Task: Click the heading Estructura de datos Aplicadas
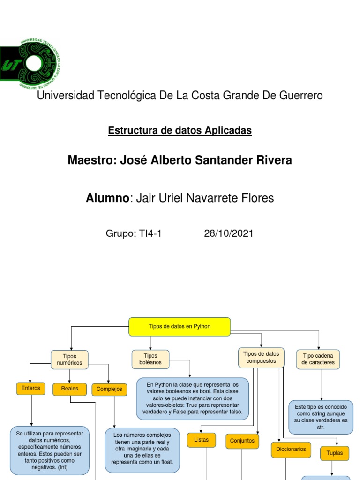click(x=180, y=130)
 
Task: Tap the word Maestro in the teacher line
click(x=91, y=160)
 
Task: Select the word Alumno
click(x=107, y=198)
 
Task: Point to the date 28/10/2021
click(x=229, y=233)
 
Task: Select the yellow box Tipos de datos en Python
click(x=180, y=327)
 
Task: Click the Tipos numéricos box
click(x=69, y=360)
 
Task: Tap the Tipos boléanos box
click(x=150, y=360)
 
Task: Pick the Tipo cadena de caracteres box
click(x=318, y=359)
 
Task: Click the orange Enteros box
click(x=31, y=388)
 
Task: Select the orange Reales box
click(x=69, y=389)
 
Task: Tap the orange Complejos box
click(x=109, y=389)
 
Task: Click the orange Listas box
click(x=202, y=440)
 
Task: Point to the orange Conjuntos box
click(x=242, y=441)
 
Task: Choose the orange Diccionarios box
click(x=291, y=449)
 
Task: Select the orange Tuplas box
click(x=335, y=453)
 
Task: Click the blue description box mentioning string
click(x=321, y=417)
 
